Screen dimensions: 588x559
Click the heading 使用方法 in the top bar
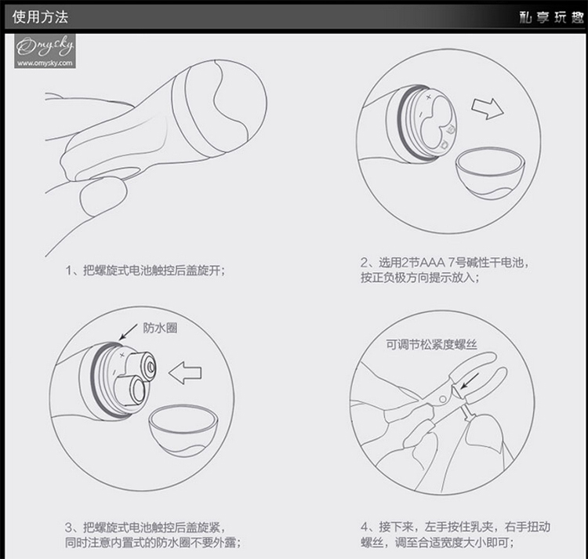pyautogui.click(x=40, y=17)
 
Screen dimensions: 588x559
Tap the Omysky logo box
pyautogui.click(x=45, y=51)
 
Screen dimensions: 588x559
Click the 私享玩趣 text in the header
pyautogui.click(x=552, y=17)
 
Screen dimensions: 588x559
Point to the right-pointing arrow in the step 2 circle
pyautogui.click(x=488, y=109)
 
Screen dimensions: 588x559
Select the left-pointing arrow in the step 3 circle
pyautogui.click(x=185, y=372)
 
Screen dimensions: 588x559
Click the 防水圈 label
pyautogui.click(x=160, y=328)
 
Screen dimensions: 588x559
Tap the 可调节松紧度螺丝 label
pyautogui.click(x=432, y=344)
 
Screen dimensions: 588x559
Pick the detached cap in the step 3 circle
pyautogui.click(x=183, y=430)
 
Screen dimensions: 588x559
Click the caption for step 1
pyautogui.click(x=146, y=270)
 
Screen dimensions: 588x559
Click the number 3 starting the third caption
pyautogui.click(x=69, y=528)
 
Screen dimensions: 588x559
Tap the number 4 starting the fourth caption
pyautogui.click(x=365, y=527)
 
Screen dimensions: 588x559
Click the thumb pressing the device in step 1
pyautogui.click(x=103, y=196)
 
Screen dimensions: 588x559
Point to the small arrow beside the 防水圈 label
pyautogui.click(x=128, y=332)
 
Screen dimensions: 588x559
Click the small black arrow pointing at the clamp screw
pyautogui.click(x=470, y=380)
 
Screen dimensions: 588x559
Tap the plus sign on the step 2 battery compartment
pyautogui.click(x=429, y=96)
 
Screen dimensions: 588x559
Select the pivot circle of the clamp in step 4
pyautogui.click(x=443, y=399)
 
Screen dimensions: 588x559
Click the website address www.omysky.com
pyautogui.click(x=45, y=63)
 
